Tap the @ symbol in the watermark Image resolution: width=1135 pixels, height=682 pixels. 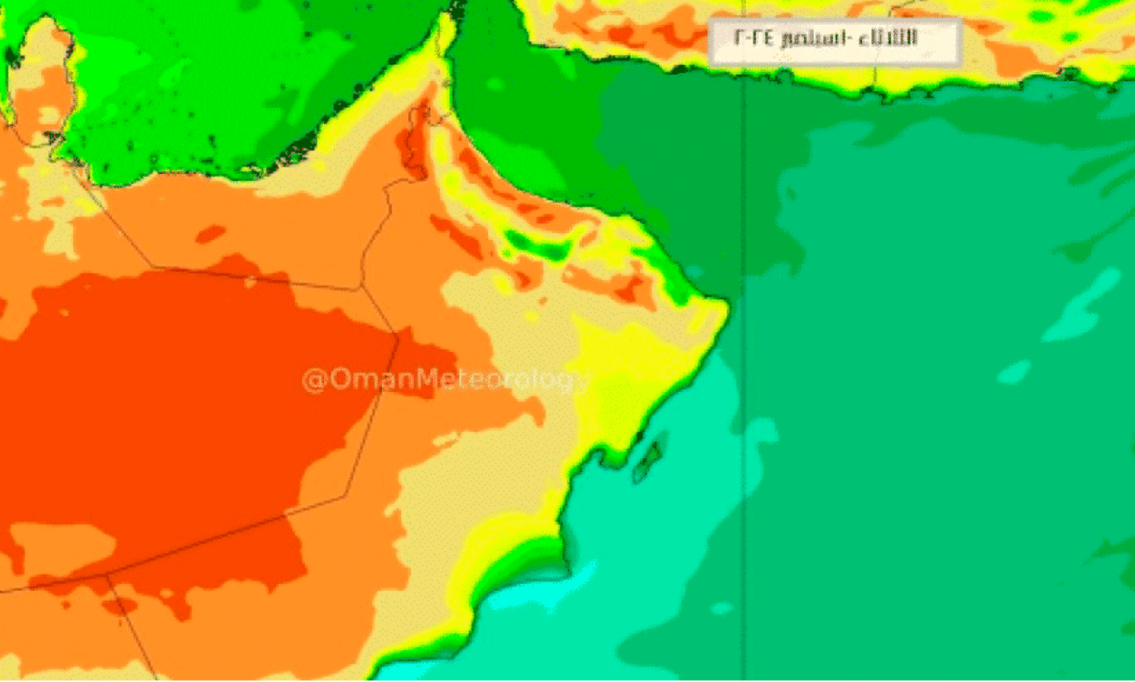pos(313,378)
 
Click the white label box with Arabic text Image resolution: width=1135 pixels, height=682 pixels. pos(835,42)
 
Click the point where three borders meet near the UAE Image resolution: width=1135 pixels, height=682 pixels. pos(360,288)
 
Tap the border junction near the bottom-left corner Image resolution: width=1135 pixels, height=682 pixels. pos(107,577)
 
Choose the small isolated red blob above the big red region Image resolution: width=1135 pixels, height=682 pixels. pos(211,233)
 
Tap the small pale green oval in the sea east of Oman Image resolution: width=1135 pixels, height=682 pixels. pos(1014,372)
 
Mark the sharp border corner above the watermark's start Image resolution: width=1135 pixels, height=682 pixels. pos(398,333)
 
